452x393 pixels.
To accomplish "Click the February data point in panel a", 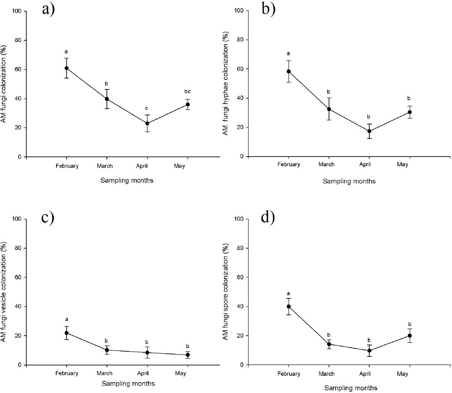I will (x=67, y=68).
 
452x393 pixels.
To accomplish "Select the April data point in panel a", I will (x=147, y=123).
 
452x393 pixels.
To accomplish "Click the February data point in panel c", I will (x=67, y=333).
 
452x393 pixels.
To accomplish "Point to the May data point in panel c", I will (x=188, y=355).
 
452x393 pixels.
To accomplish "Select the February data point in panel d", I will (x=289, y=306).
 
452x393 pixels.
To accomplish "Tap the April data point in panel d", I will (x=369, y=350).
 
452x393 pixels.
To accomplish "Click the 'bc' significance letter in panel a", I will (x=188, y=91).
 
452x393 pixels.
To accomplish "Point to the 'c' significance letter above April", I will (x=147, y=108).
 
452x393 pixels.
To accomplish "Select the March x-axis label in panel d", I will (x=327, y=374).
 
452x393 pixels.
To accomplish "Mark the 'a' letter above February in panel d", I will (x=289, y=293).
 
